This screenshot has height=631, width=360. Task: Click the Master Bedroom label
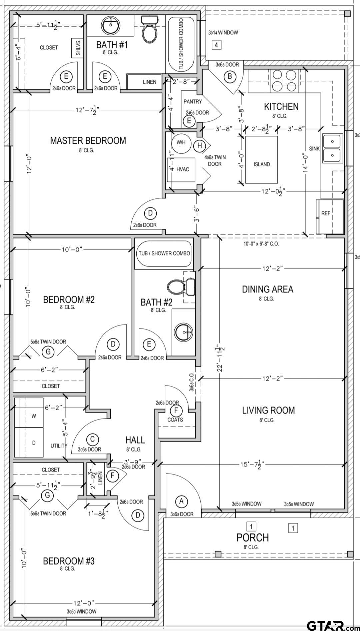(88, 140)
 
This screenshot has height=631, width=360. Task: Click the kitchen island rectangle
(262, 160)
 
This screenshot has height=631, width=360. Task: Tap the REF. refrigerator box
(330, 216)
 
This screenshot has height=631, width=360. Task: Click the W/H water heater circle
(181, 142)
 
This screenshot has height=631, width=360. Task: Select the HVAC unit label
(183, 169)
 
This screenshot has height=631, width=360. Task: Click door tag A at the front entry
(181, 501)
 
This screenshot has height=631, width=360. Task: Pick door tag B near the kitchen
(230, 77)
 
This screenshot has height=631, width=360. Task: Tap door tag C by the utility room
(92, 439)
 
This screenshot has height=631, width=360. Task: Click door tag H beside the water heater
(200, 145)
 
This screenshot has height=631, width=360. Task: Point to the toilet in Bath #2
(181, 286)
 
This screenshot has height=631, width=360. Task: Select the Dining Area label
(268, 289)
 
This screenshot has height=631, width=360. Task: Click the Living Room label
(268, 410)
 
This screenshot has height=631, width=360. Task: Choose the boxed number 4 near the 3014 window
(216, 45)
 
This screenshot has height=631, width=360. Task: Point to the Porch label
(252, 537)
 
